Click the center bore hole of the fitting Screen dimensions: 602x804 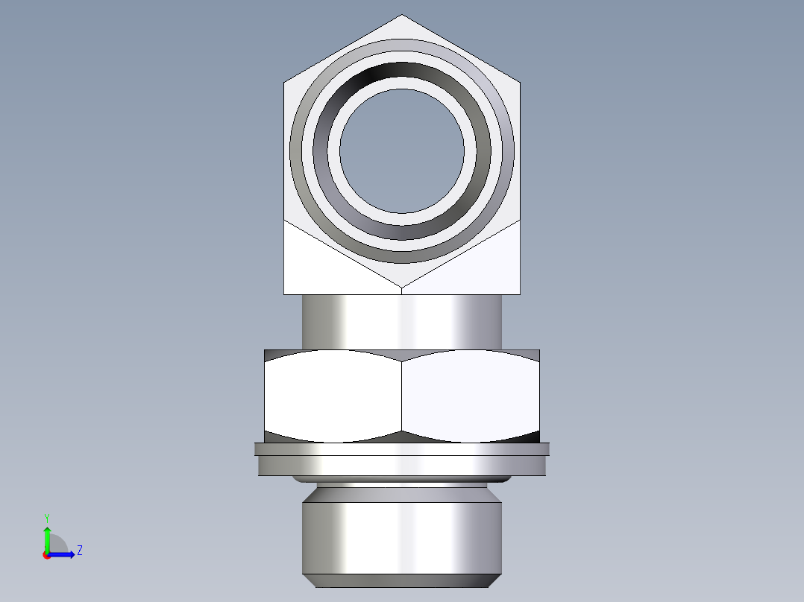(402, 150)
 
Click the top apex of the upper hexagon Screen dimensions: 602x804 (402, 16)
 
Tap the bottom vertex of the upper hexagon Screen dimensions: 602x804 (402, 287)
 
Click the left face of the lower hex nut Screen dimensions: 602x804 (333, 395)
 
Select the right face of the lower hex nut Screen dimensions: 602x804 (470, 395)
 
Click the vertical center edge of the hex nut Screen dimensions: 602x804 (402, 395)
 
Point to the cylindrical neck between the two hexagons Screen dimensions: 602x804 (402, 320)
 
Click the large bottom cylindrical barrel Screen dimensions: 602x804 (402, 536)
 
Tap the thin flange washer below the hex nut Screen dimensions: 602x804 (402, 449)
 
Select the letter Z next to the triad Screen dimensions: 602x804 (79, 551)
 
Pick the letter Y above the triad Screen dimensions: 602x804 (46, 517)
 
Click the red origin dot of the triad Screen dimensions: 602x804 (46, 555)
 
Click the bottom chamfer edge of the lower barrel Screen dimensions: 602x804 (402, 580)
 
